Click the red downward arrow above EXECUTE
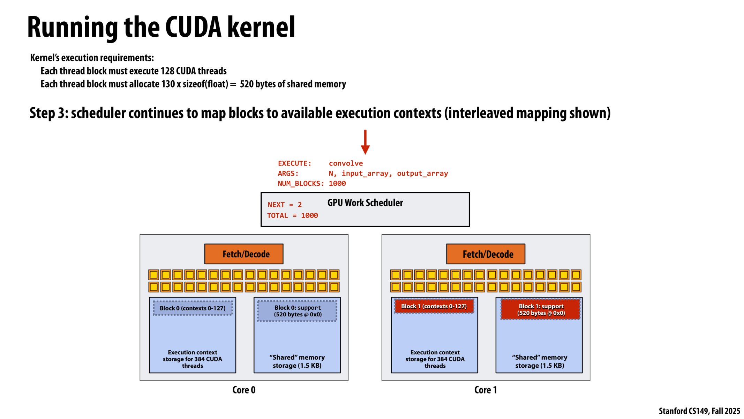[365, 142]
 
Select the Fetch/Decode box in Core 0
[244, 254]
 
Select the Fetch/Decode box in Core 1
[486, 254]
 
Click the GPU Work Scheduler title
[365, 203]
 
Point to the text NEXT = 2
[284, 205]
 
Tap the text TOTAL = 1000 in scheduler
[292, 216]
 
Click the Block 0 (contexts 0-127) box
[193, 308]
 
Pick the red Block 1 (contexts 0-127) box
[434, 306]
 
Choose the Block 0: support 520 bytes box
[297, 311]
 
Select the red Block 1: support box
[541, 309]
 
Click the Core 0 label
[244, 390]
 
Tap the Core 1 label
[485, 390]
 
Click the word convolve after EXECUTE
[346, 163]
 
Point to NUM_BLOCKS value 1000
[337, 184]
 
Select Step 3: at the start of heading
[48, 113]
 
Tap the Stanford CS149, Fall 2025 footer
[699, 411]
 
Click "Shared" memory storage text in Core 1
[539, 361]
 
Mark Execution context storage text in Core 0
[193, 359]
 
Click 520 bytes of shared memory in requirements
[293, 84]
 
